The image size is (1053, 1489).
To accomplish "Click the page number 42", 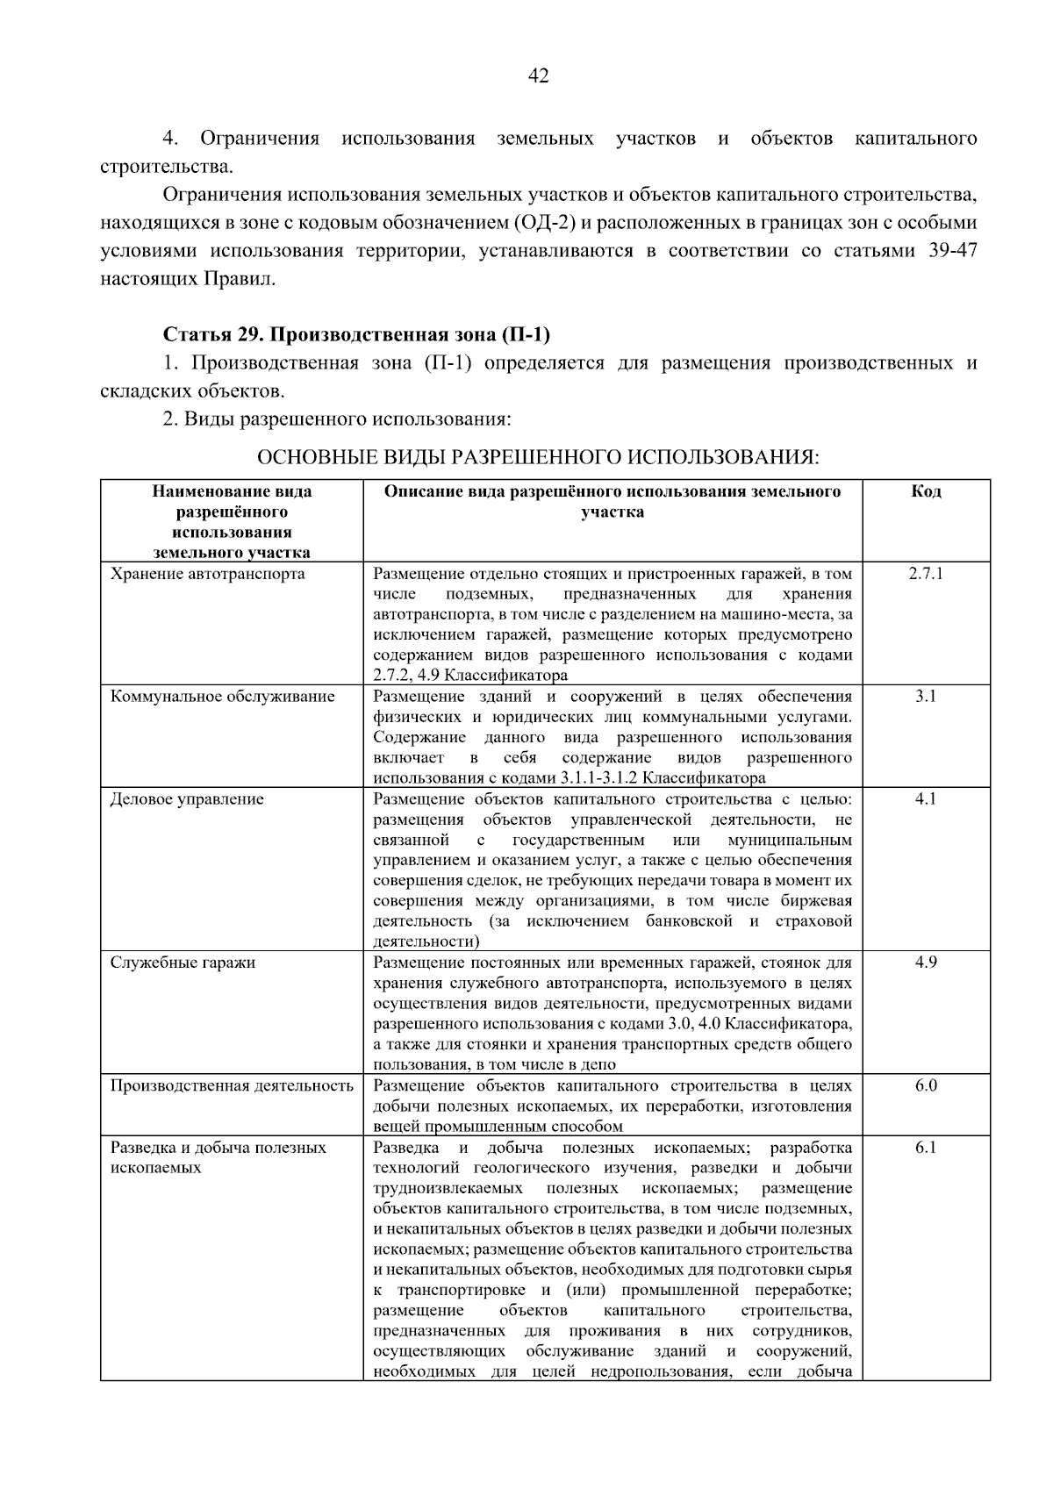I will point(538,76).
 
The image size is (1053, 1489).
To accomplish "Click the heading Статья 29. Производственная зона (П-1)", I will point(356,334).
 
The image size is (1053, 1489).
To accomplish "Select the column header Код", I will point(926,491).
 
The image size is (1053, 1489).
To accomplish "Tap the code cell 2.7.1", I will point(926,574).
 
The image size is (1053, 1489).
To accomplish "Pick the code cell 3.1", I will point(926,697).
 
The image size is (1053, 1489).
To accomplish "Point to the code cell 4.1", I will point(926,799).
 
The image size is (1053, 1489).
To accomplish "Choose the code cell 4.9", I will point(926,963).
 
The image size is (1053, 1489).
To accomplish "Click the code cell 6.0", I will point(926,1085).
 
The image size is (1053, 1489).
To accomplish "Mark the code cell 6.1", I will point(926,1148).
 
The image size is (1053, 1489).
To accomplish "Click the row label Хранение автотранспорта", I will point(207,574).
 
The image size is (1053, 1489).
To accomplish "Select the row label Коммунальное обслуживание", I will point(222,697).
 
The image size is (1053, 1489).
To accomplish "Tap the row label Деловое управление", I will point(187,799).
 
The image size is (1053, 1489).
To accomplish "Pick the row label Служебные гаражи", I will point(183,963).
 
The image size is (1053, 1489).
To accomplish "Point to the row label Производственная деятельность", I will point(232,1085).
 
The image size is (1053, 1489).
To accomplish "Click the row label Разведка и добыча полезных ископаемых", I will point(218,1157).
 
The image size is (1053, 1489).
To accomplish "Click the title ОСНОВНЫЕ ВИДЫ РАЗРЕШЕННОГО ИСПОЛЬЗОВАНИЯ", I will point(538,457).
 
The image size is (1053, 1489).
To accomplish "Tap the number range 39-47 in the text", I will point(951,251).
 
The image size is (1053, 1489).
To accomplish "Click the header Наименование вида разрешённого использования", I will point(232,521).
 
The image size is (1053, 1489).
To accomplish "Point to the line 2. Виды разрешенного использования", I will point(336,419).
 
